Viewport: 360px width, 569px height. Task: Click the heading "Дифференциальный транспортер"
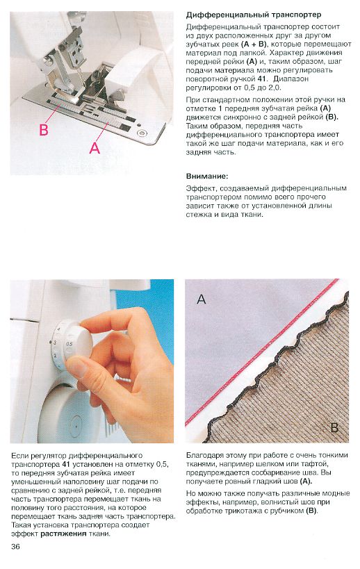[x=253, y=15]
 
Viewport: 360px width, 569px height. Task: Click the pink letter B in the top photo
[x=44, y=129]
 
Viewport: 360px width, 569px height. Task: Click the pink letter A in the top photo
[x=95, y=147]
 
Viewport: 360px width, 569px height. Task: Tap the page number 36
[x=15, y=546]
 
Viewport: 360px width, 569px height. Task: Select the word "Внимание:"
[x=207, y=176]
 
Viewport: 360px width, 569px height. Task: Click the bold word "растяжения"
[x=63, y=534]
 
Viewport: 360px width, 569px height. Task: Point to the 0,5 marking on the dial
[x=69, y=344]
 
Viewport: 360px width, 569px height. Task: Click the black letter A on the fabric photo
[x=201, y=299]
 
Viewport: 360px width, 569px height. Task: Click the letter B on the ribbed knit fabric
[x=334, y=427]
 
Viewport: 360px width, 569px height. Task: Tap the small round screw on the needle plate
[x=141, y=133]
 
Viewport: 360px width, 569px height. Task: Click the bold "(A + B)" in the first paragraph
[x=254, y=44]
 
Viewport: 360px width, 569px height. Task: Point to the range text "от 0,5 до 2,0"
[x=259, y=88]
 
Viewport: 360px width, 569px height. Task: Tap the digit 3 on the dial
[x=55, y=343]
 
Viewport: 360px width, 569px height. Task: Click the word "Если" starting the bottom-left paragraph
[x=19, y=456]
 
